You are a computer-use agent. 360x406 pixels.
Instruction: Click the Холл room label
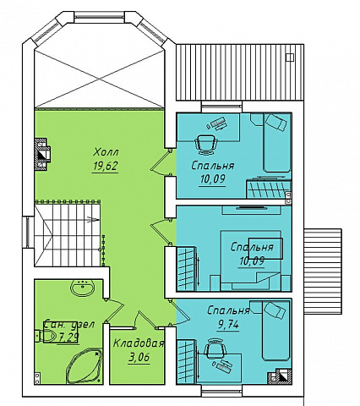[106, 152]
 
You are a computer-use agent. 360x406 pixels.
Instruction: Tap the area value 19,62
[105, 166]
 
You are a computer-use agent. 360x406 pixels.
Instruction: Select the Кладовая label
[139, 343]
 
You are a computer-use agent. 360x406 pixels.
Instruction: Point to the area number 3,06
[139, 358]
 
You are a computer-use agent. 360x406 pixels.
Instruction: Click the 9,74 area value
[228, 325]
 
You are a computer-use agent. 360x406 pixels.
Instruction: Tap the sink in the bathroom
[83, 288]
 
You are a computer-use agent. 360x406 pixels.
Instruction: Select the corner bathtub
[84, 365]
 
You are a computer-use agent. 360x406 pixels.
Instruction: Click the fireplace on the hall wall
[41, 154]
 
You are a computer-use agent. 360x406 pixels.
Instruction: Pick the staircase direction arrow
[93, 219]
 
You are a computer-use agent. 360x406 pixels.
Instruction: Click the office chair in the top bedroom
[207, 144]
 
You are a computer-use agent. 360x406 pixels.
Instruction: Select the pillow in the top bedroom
[276, 122]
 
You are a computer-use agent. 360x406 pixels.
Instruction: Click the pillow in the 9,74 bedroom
[275, 310]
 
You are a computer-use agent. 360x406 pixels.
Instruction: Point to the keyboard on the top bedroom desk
[216, 123]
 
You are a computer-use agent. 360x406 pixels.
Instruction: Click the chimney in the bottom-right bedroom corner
[280, 376]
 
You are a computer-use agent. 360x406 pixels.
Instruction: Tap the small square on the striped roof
[290, 58]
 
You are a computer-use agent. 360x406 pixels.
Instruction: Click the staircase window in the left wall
[28, 232]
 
